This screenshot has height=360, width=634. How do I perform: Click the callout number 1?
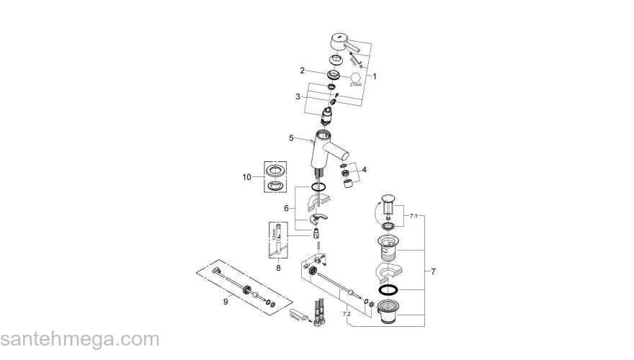click(375, 76)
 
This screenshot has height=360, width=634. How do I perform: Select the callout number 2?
click(303, 70)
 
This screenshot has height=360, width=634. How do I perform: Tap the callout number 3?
click(297, 96)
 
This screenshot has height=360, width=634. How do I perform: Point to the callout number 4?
click(364, 170)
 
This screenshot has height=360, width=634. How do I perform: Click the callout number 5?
click(292, 138)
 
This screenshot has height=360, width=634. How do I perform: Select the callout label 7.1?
click(413, 215)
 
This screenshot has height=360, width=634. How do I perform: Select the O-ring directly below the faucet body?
click(317, 187)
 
